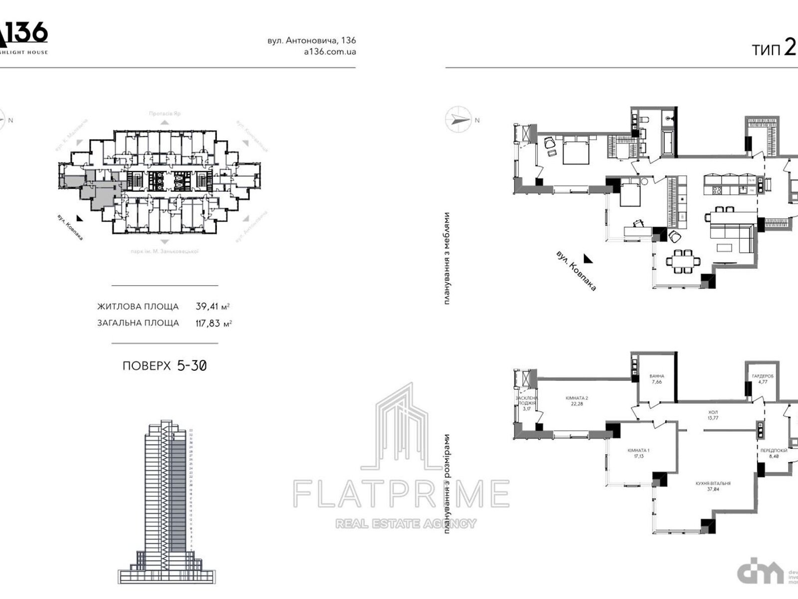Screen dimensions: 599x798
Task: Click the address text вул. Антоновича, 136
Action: coord(312,41)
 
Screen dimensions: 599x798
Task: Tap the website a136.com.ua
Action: coord(330,52)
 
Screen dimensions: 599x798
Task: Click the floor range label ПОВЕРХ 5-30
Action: coord(165,366)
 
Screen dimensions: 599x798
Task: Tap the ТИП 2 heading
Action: coord(774,49)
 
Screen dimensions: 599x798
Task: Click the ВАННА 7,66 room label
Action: coord(656,379)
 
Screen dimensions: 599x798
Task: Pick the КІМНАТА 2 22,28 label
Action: coord(577,400)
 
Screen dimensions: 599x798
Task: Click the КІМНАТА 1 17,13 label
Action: coord(638,453)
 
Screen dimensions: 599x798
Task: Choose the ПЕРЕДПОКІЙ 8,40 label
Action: coord(774,453)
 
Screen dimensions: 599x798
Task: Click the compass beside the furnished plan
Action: coord(458,120)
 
